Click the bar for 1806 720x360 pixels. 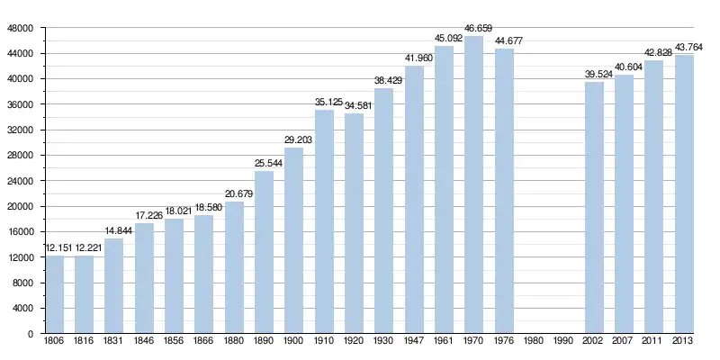pyautogui.click(x=54, y=295)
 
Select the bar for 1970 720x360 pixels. pyautogui.click(x=474, y=185)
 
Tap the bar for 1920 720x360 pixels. pyautogui.click(x=354, y=224)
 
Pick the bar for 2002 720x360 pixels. pyautogui.click(x=594, y=208)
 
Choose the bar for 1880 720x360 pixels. pyautogui.click(x=234, y=268)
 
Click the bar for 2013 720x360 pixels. pyautogui.click(x=684, y=194)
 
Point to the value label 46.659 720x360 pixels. pyautogui.click(x=474, y=30)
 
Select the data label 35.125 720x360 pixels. pyautogui.click(x=324, y=103)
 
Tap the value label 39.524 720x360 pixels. pyautogui.click(x=594, y=75)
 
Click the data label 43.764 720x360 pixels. pyautogui.click(x=684, y=48)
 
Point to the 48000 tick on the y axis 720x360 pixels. pyautogui.click(x=21, y=29)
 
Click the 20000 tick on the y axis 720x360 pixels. pyautogui.click(x=21, y=207)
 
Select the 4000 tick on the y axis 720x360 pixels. pyautogui.click(x=23, y=309)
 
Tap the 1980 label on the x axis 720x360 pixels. pyautogui.click(x=534, y=343)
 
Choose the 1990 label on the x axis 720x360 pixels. pyautogui.click(x=564, y=343)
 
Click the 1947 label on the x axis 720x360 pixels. pyautogui.click(x=414, y=343)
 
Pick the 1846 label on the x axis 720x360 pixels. pyautogui.click(x=144, y=343)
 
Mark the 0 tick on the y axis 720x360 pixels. pyautogui.click(x=31, y=334)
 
